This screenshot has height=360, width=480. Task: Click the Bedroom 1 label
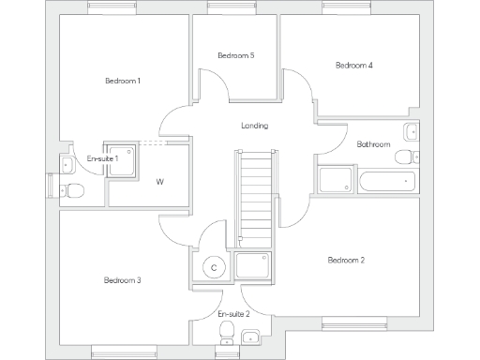pos(123,81)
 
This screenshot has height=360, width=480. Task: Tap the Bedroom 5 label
pos(235,56)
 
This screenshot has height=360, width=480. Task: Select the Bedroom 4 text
pos(354,66)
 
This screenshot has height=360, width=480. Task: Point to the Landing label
pos(254,126)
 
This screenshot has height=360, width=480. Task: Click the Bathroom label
pos(373,144)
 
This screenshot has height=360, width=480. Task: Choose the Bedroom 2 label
pos(346,260)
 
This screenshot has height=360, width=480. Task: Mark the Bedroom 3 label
pos(122,280)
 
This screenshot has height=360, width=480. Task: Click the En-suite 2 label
pos(233,312)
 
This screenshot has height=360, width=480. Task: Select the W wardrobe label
pos(159,181)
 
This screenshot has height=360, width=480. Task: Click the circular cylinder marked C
pos(214,268)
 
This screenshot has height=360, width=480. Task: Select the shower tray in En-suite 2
pos(253,265)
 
